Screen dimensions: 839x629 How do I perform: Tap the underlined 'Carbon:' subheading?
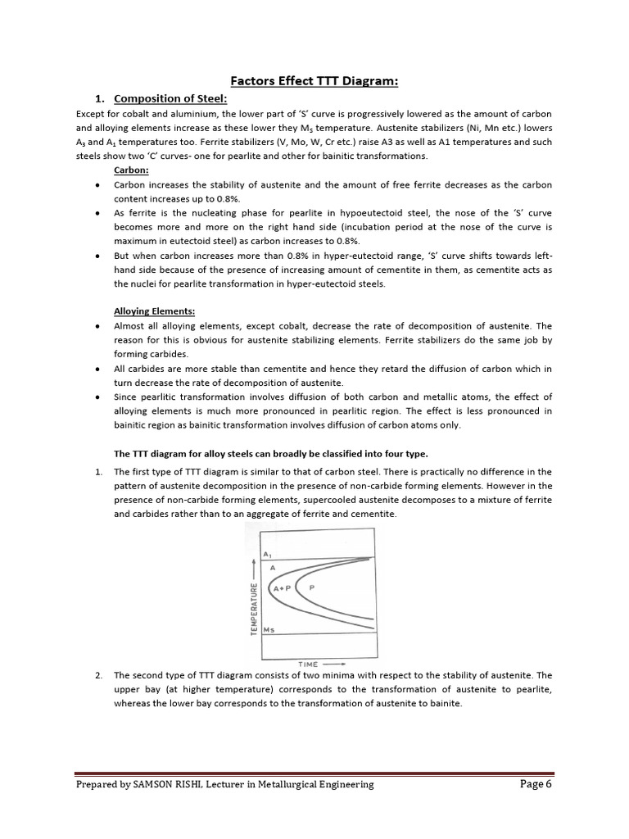click(x=131, y=170)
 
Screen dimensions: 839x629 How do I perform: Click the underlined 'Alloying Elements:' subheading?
click(x=154, y=311)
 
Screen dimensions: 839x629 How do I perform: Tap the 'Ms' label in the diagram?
click(x=269, y=629)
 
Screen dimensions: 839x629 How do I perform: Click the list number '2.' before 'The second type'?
click(x=98, y=676)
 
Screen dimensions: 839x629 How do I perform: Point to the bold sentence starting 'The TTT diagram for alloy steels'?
click(x=270, y=453)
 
